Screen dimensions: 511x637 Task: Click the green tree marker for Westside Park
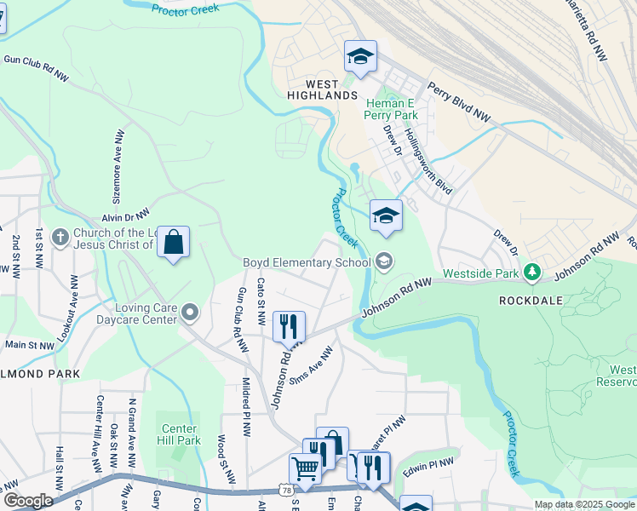pyautogui.click(x=532, y=272)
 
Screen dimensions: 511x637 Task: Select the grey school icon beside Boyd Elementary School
pyautogui.click(x=384, y=261)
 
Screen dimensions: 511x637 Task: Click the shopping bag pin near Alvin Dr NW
pyautogui.click(x=173, y=243)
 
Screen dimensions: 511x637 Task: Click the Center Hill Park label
pyautogui.click(x=179, y=434)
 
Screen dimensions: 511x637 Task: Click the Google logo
pyautogui.click(x=27, y=501)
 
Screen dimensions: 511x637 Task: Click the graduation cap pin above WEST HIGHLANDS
pyautogui.click(x=360, y=58)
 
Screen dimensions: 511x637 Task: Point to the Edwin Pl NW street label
pyautogui.click(x=430, y=464)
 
